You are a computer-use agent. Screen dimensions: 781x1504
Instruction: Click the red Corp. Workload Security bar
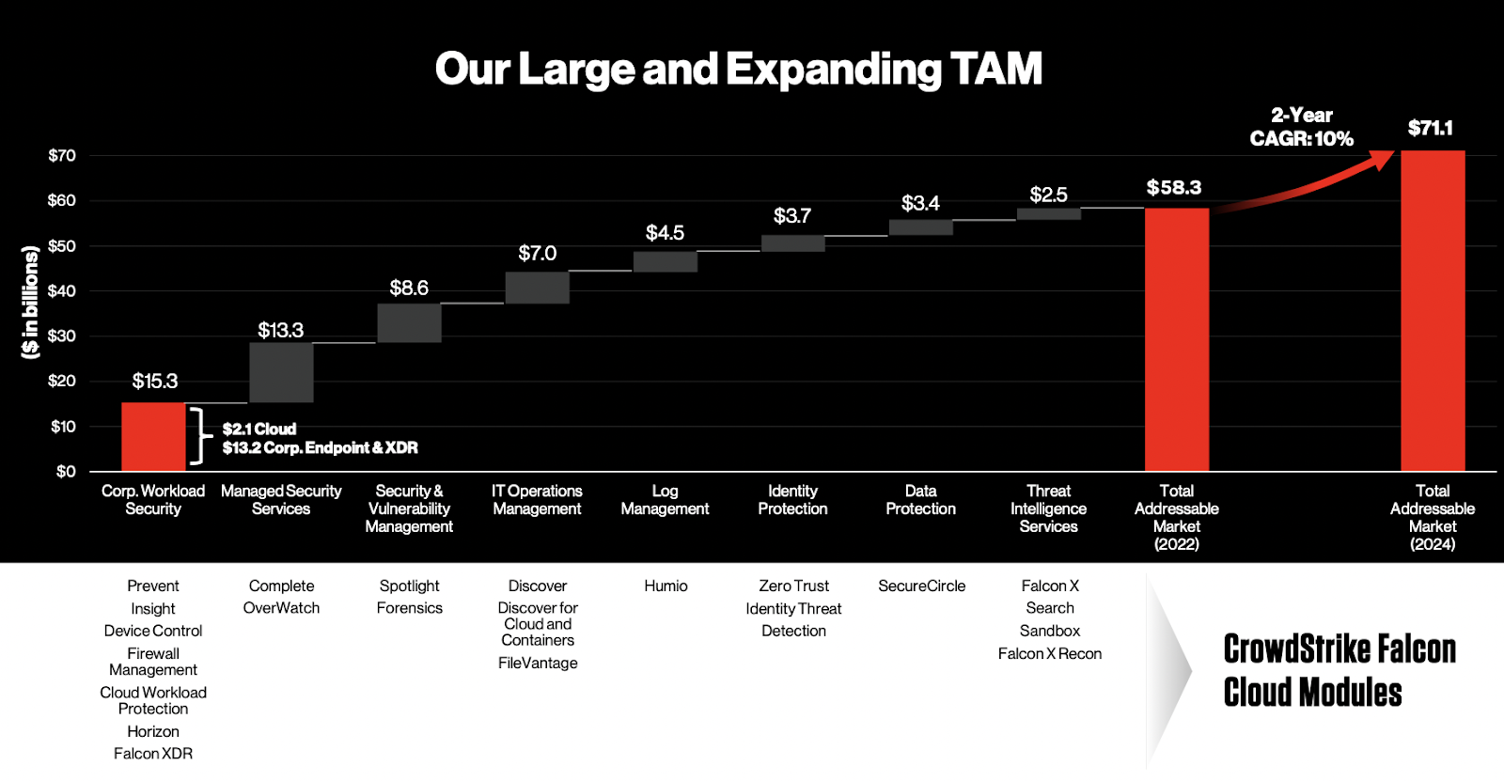(153, 437)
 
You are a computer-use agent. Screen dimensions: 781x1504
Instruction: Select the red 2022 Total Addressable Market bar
(1176, 338)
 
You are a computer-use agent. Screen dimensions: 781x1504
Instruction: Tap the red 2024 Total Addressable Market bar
(1433, 310)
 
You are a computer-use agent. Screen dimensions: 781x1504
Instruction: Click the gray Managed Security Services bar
(281, 372)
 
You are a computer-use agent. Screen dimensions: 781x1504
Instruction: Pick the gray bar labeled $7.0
(537, 288)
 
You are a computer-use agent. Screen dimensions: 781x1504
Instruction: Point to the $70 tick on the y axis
(62, 155)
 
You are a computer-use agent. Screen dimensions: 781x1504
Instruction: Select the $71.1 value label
(1430, 128)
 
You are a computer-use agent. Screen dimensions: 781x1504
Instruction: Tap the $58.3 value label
(1173, 187)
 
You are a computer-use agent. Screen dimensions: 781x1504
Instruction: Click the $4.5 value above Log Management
(665, 232)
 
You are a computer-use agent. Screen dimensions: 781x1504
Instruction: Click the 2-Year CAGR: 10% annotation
(1301, 127)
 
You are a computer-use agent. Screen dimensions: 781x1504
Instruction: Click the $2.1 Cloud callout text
(259, 429)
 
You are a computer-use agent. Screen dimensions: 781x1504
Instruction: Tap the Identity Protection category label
(792, 500)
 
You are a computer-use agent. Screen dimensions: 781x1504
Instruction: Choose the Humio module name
(666, 586)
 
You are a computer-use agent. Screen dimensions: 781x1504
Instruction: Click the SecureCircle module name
(921, 586)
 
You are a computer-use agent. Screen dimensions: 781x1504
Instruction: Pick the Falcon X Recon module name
(1049, 653)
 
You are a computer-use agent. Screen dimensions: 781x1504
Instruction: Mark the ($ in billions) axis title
(30, 302)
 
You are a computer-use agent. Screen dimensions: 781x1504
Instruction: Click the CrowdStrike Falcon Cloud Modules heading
(1339, 670)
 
